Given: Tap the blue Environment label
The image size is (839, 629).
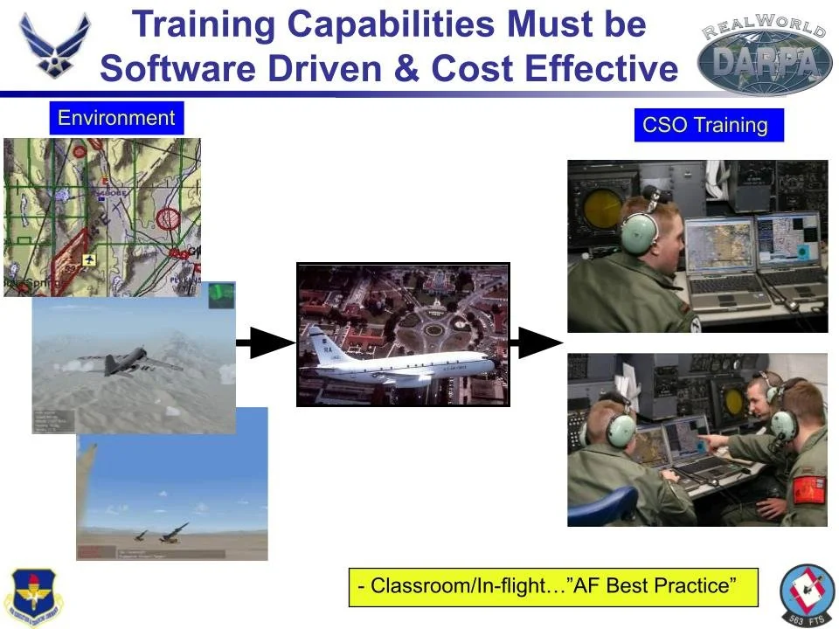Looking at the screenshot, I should click(x=116, y=118).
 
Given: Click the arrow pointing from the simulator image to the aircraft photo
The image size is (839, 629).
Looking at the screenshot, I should click(x=266, y=343).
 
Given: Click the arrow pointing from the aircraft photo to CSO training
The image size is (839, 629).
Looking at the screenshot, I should click(x=536, y=343).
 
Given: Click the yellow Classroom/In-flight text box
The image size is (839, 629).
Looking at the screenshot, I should click(x=553, y=586).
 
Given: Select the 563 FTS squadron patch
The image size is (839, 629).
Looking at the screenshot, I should click(x=807, y=594).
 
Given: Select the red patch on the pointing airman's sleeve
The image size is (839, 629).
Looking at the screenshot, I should click(x=808, y=490).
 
